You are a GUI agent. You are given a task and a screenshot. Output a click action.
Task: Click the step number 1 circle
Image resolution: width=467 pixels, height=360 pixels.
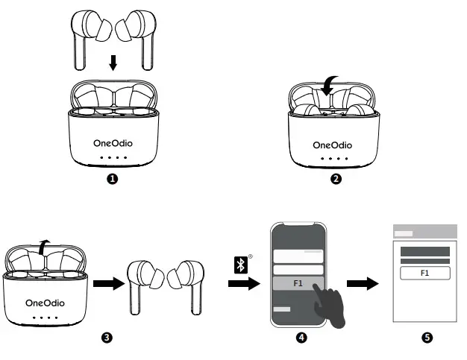pyautogui.click(x=113, y=179)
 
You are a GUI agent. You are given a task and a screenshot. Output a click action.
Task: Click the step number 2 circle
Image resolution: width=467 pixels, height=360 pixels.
pyautogui.click(x=336, y=179)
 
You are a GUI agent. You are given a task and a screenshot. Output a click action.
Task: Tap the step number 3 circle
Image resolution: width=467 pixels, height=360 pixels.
pyautogui.click(x=107, y=338)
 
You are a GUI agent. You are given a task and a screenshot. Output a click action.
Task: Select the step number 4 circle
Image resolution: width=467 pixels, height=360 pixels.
pyautogui.click(x=301, y=338)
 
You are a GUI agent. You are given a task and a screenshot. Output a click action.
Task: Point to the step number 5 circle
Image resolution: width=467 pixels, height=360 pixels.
pyautogui.click(x=426, y=338)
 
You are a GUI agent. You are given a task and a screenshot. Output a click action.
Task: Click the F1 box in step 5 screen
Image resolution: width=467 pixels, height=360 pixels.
pyautogui.click(x=425, y=274)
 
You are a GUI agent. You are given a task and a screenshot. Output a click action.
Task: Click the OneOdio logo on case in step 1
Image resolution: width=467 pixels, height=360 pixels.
pyautogui.click(x=113, y=144)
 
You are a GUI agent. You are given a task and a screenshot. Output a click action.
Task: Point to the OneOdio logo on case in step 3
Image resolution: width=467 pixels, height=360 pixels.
pyautogui.click(x=46, y=303)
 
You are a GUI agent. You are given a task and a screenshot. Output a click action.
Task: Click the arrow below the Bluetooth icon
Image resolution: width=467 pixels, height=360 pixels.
pyautogui.click(x=244, y=284)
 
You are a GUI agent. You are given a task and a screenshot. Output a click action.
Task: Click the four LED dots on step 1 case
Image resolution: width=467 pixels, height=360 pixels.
pyautogui.click(x=113, y=159)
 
